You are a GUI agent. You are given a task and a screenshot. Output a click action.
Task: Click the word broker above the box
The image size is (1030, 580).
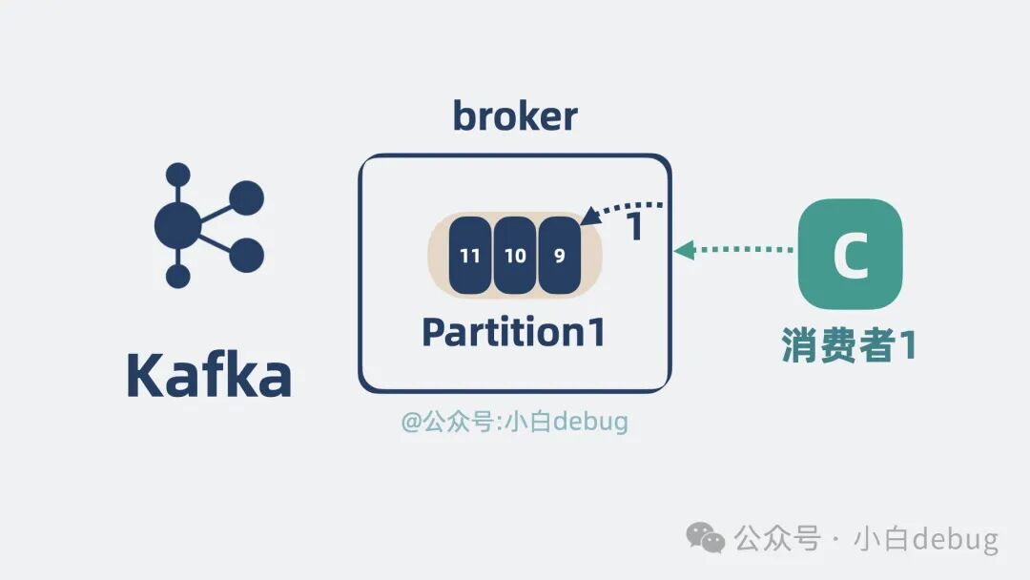pos(515,116)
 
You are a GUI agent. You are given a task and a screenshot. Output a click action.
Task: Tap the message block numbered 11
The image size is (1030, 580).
pos(470,255)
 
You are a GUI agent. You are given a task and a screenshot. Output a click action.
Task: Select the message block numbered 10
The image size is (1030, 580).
pos(515,255)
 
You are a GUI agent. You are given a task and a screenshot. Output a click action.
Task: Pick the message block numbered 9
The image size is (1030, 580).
pos(559,255)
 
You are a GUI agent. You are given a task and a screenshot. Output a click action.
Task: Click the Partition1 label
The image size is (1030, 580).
pos(513,332)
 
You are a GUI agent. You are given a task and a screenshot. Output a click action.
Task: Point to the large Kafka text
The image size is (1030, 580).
pos(209,377)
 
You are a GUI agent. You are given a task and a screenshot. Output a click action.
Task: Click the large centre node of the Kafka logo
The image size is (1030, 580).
pos(178,225)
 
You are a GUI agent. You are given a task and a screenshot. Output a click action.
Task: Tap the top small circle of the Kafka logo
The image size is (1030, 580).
pos(178,175)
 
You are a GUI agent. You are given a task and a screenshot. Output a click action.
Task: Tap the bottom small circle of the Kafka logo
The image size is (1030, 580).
pos(178,277)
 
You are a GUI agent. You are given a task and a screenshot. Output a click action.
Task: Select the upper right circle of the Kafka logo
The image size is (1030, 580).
pos(246,197)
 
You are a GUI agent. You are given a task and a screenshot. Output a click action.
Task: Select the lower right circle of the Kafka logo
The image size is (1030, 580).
pos(246,254)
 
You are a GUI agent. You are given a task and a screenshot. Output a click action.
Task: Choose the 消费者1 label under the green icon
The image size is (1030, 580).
pos(849,345)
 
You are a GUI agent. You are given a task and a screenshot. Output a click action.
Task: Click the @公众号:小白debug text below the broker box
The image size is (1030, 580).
pos(515,421)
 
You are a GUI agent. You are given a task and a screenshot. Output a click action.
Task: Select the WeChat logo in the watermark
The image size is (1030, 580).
pos(707,538)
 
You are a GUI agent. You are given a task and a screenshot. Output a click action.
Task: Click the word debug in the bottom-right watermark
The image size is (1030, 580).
pos(955,539)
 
